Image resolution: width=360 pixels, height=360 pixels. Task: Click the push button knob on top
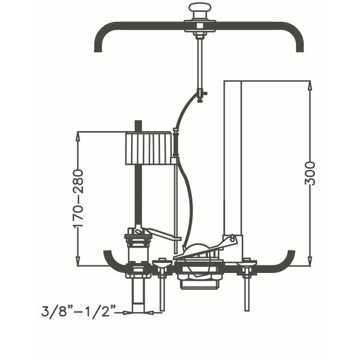coord(198,11)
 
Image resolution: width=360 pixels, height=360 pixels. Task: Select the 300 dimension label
coord(310,173)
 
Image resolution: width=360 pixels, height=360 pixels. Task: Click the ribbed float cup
coord(149,148)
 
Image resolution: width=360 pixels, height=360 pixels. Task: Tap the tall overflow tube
coord(233,159)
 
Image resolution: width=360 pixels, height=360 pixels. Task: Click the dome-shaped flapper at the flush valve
coord(197,248)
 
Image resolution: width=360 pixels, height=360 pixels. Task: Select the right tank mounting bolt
coord(247,285)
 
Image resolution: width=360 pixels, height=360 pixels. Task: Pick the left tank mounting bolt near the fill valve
coord(162,285)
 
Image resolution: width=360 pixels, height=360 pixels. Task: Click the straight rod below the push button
coord(200,66)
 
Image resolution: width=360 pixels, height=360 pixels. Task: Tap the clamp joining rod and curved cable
coord(201,95)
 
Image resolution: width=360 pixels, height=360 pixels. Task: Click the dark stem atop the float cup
coord(138,126)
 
